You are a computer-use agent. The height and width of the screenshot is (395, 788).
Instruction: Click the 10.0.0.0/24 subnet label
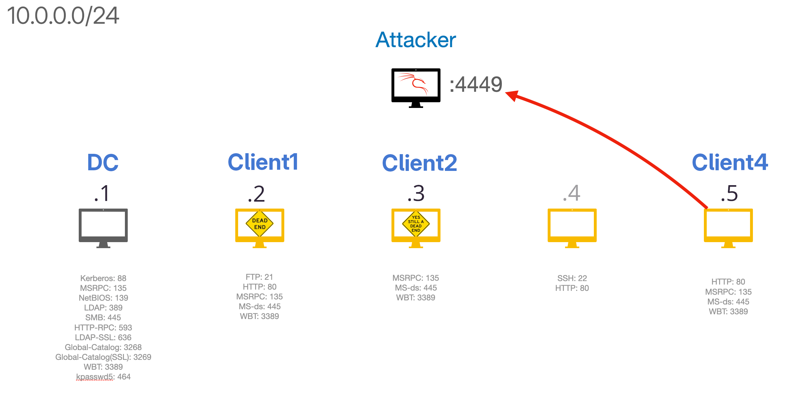click(x=63, y=16)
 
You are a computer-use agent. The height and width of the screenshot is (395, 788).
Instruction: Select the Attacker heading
click(x=416, y=40)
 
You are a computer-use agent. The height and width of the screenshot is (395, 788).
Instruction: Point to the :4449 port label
click(x=476, y=85)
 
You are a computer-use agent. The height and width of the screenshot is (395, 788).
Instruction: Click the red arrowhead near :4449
click(x=512, y=95)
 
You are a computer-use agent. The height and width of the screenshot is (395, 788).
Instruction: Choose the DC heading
click(x=103, y=163)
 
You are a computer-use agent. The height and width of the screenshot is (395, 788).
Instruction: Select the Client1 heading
click(x=263, y=162)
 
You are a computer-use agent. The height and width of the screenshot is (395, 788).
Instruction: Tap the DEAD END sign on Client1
click(x=260, y=224)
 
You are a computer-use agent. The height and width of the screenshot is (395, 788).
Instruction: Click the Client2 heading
click(x=419, y=163)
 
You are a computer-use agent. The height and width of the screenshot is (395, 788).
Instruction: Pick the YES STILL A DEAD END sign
click(x=416, y=224)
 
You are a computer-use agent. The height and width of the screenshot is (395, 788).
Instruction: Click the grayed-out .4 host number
click(x=572, y=193)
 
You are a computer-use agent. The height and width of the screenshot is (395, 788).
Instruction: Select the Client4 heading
click(x=730, y=163)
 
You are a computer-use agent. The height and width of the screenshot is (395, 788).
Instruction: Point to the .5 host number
click(x=729, y=193)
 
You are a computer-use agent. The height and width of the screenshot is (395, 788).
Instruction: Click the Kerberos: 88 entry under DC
click(x=103, y=278)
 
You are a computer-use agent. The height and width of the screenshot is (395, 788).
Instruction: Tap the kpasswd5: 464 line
click(x=103, y=377)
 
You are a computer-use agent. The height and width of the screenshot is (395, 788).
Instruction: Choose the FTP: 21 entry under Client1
click(x=259, y=277)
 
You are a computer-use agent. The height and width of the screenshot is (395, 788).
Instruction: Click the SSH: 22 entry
click(x=572, y=278)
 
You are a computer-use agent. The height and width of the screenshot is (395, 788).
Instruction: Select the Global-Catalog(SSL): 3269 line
click(x=103, y=357)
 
